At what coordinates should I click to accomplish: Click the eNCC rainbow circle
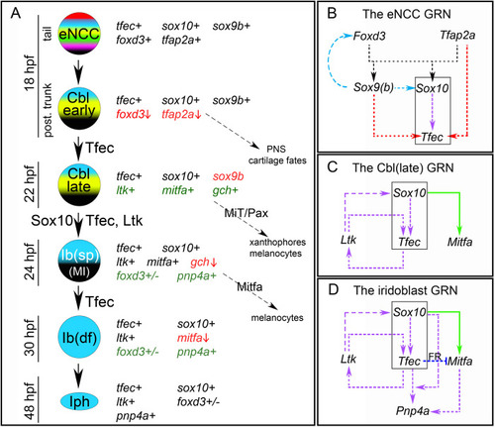(79, 34)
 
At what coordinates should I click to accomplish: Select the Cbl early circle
(79, 108)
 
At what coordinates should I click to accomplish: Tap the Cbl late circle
(79, 184)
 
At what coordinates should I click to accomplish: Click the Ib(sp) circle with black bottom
(79, 261)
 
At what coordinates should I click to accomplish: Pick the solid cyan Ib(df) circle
(79, 337)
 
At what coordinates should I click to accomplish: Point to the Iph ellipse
(79, 401)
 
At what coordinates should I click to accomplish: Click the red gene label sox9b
(228, 176)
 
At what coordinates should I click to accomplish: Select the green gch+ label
(225, 191)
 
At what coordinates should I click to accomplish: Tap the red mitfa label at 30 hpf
(193, 338)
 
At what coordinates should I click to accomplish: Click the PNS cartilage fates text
(277, 155)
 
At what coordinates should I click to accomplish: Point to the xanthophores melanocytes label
(277, 248)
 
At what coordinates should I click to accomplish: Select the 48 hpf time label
(30, 400)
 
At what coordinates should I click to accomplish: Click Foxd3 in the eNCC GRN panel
(369, 36)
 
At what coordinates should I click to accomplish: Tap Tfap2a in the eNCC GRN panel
(457, 36)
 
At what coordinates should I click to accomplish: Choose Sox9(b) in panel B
(373, 87)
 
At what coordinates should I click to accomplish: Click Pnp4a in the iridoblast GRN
(413, 411)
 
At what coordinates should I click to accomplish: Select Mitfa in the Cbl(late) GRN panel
(459, 242)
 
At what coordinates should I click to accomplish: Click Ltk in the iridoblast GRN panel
(348, 359)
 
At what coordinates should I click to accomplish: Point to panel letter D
(334, 289)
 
